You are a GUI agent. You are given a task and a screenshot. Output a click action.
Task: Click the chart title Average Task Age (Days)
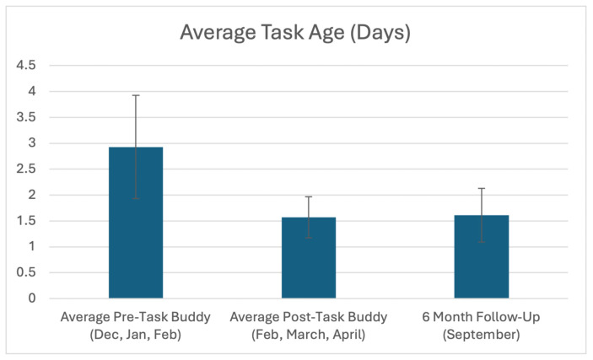point(296,35)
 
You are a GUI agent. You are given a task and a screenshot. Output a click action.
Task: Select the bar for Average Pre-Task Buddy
point(136,223)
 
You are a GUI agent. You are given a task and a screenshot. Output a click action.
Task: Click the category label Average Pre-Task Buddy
point(136,325)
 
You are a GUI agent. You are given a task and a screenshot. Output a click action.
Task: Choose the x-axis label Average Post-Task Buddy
point(309,325)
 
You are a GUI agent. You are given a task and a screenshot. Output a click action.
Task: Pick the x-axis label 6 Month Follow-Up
point(481,325)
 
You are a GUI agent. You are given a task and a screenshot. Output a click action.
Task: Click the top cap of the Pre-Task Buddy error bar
point(136,95)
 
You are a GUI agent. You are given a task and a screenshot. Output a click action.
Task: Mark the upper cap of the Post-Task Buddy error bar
point(309,196)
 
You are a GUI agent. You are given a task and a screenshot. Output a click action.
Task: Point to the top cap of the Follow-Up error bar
point(481,188)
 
